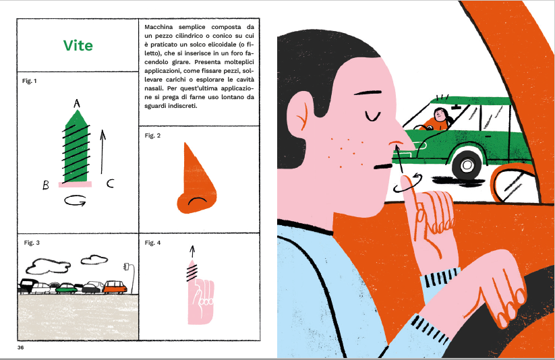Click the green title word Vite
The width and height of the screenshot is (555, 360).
(x=78, y=45)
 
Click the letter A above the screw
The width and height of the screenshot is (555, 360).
(x=77, y=103)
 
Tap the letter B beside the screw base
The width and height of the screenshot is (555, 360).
(x=46, y=185)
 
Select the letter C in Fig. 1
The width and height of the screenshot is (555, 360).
(x=110, y=183)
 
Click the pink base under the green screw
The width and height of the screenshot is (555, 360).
(x=75, y=184)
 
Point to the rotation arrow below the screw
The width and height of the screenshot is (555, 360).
(x=75, y=201)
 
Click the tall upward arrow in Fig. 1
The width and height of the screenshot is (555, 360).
(x=103, y=152)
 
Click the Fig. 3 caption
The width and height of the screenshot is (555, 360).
(x=32, y=243)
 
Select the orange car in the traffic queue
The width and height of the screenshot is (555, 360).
(x=115, y=287)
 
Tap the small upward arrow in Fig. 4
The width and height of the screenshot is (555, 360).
(x=192, y=251)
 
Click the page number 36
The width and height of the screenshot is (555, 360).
(x=20, y=348)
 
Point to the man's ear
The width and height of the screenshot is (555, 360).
(x=297, y=113)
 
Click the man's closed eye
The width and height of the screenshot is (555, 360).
(x=372, y=116)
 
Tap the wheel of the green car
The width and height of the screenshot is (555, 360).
(x=467, y=165)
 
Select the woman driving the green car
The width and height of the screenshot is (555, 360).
(x=438, y=119)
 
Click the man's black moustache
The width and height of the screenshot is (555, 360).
(x=384, y=166)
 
